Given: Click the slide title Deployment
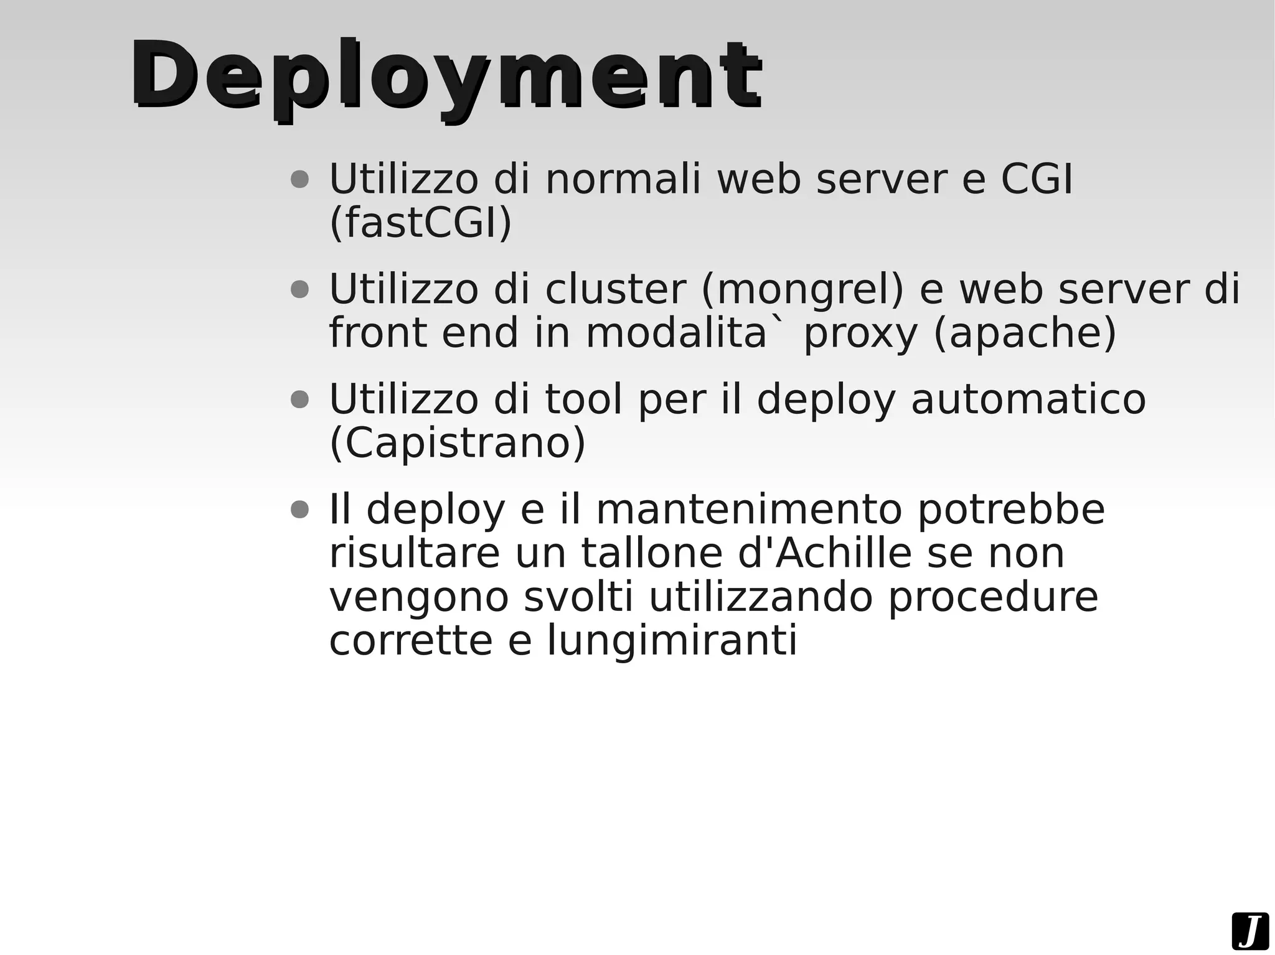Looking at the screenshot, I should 445,77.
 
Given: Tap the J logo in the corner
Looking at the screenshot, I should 1249,931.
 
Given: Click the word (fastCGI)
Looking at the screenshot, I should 420,222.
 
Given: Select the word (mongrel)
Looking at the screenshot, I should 802,289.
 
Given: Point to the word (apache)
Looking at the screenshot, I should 1025,333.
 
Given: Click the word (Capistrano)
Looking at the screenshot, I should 457,443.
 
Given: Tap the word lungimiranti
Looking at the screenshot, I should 672,641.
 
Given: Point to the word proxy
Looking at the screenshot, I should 860,334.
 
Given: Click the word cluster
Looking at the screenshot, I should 615,289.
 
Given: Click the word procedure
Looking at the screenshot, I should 993,598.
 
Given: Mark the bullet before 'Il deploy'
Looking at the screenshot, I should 300,510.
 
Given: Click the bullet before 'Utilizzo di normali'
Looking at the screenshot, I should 300,180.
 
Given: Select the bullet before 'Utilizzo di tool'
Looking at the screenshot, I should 300,399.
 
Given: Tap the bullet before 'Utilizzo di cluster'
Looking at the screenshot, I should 300,290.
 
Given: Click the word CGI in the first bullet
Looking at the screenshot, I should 1037,179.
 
